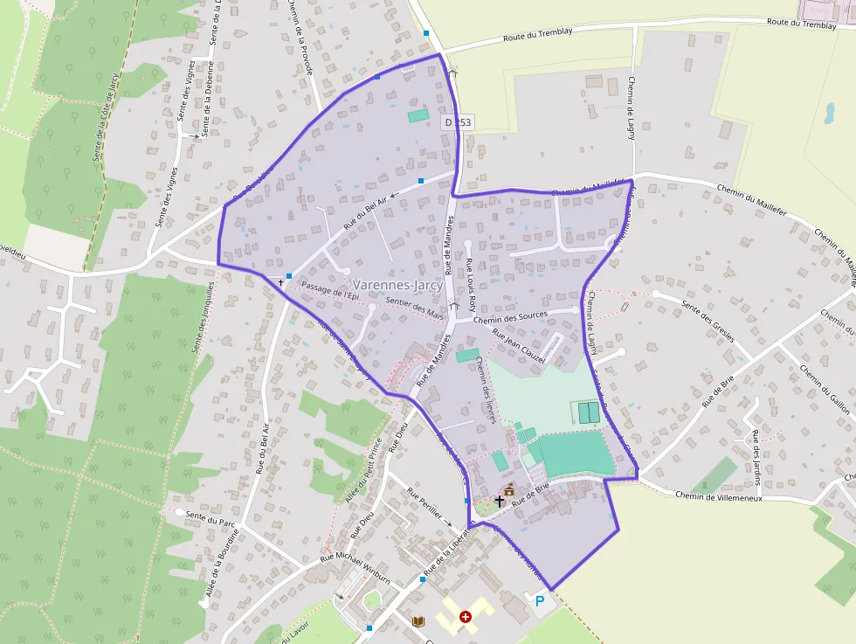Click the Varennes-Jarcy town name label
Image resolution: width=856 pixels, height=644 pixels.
tap(397, 284)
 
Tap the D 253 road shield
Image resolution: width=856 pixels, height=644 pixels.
tap(457, 123)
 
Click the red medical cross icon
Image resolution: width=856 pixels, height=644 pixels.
tap(466, 617)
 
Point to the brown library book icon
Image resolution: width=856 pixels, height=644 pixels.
tap(418, 621)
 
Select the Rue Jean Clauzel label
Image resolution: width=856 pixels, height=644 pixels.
tap(519, 346)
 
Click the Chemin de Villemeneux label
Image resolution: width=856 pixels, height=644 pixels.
tap(719, 496)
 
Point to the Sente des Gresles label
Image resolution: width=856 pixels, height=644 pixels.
tap(708, 322)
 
